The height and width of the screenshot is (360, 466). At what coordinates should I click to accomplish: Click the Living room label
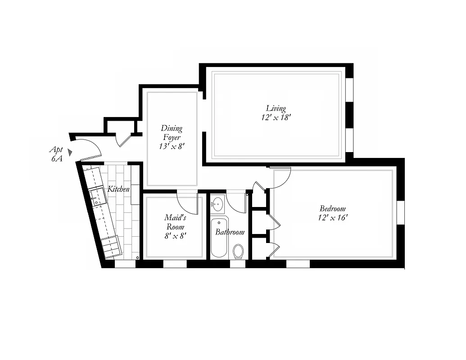(x=276, y=108)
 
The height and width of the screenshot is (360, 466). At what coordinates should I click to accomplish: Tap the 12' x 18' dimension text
(x=276, y=117)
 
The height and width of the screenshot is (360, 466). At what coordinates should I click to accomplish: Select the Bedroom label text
(x=332, y=208)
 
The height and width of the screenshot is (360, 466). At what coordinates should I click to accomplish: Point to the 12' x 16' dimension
(x=332, y=218)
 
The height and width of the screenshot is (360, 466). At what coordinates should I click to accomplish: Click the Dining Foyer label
(x=172, y=133)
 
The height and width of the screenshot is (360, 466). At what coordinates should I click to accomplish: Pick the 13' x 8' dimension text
(x=172, y=147)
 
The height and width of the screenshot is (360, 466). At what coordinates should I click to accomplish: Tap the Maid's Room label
(x=175, y=222)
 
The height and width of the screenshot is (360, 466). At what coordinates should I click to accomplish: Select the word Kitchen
(x=118, y=189)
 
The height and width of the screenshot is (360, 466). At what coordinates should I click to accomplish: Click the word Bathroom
(x=230, y=232)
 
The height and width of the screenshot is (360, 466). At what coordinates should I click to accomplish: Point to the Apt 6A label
(x=56, y=154)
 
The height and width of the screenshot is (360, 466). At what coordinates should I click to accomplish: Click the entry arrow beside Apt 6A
(x=70, y=152)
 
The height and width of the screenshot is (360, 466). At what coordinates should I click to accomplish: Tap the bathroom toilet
(x=238, y=251)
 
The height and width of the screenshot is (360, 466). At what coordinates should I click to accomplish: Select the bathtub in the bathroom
(x=219, y=238)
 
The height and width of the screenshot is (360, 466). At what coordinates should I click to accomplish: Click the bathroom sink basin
(x=217, y=204)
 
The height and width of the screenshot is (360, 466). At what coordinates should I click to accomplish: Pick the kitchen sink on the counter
(x=97, y=197)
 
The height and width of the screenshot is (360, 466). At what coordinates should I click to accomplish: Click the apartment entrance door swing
(x=89, y=149)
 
